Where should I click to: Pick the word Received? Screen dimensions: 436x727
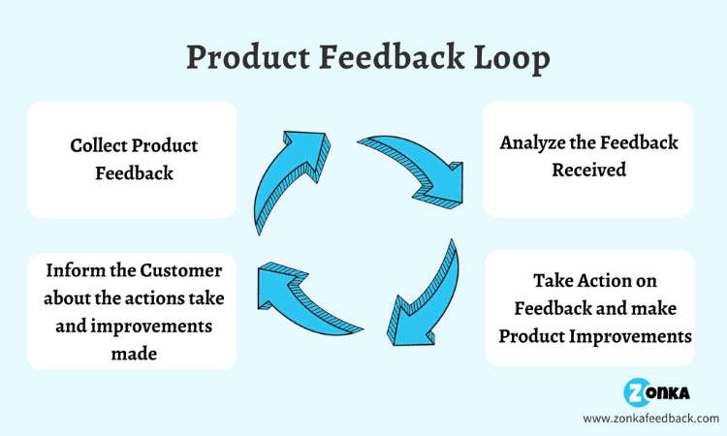pos(588,170)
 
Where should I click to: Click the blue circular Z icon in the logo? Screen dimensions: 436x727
pos(636,392)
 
